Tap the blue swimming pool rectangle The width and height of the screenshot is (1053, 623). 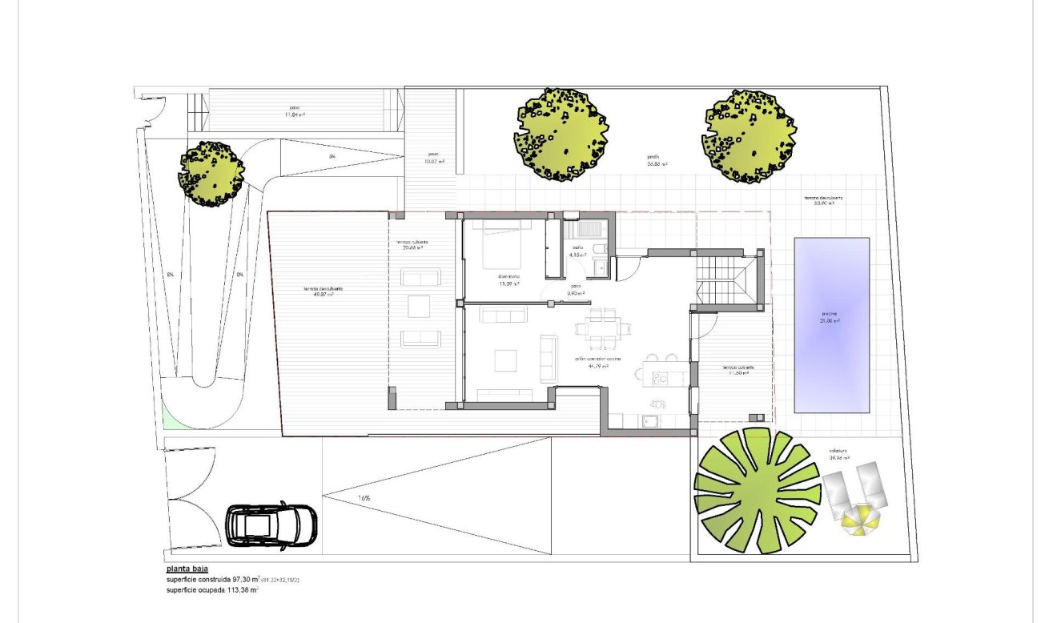pos(832,324)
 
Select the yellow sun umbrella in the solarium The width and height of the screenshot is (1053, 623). pos(860,520)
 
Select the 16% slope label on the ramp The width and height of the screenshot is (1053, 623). pos(364,498)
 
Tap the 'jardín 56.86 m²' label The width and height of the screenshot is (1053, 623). pos(657,160)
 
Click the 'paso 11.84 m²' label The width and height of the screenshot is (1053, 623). pos(295,111)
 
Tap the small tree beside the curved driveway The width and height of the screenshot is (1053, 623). pos(211,175)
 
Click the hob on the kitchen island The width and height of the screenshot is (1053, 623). pos(661,376)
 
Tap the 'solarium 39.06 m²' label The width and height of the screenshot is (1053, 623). pos(839,455)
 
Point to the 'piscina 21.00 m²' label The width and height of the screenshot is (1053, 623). pos(830,317)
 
